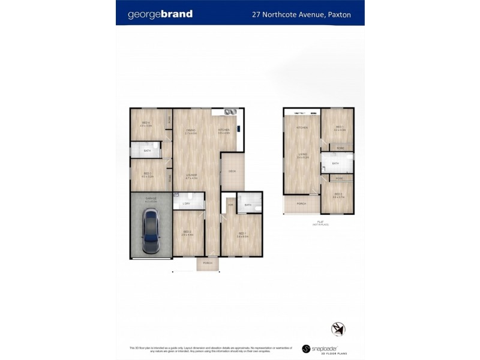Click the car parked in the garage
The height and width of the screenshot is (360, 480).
click(150, 233)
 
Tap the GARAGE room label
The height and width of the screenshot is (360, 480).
click(151, 199)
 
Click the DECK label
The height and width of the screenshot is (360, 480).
click(232, 172)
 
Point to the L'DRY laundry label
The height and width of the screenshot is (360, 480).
click(186, 204)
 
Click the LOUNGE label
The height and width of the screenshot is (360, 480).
click(191, 175)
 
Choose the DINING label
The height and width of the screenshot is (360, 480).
click(190, 130)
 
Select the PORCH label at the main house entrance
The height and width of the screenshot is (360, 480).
click(208, 263)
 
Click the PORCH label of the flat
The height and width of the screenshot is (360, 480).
click(301, 204)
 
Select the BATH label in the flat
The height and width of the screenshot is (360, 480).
click(335, 163)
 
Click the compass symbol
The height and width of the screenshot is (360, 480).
click(338, 329)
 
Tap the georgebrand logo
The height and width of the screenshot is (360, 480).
click(160, 14)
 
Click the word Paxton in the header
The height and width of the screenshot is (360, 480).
click(340, 14)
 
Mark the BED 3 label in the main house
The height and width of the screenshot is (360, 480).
click(187, 232)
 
